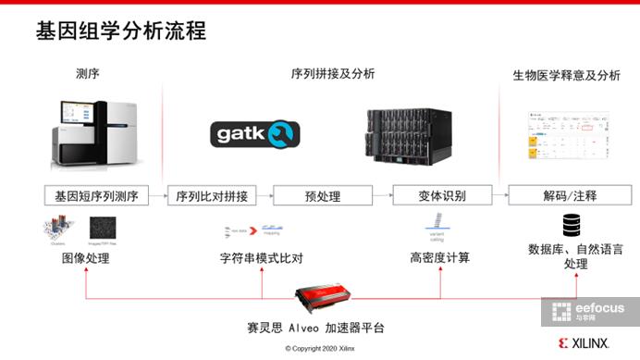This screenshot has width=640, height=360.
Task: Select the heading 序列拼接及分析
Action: point(333,74)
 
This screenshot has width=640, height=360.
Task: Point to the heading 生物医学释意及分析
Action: point(567,75)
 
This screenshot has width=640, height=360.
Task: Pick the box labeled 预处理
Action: point(323,196)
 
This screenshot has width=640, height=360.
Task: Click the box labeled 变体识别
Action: point(442,196)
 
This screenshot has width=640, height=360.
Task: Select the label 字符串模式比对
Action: point(262,258)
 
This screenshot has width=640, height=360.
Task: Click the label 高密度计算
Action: point(441,258)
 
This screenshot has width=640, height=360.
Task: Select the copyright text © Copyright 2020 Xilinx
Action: point(321,348)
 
